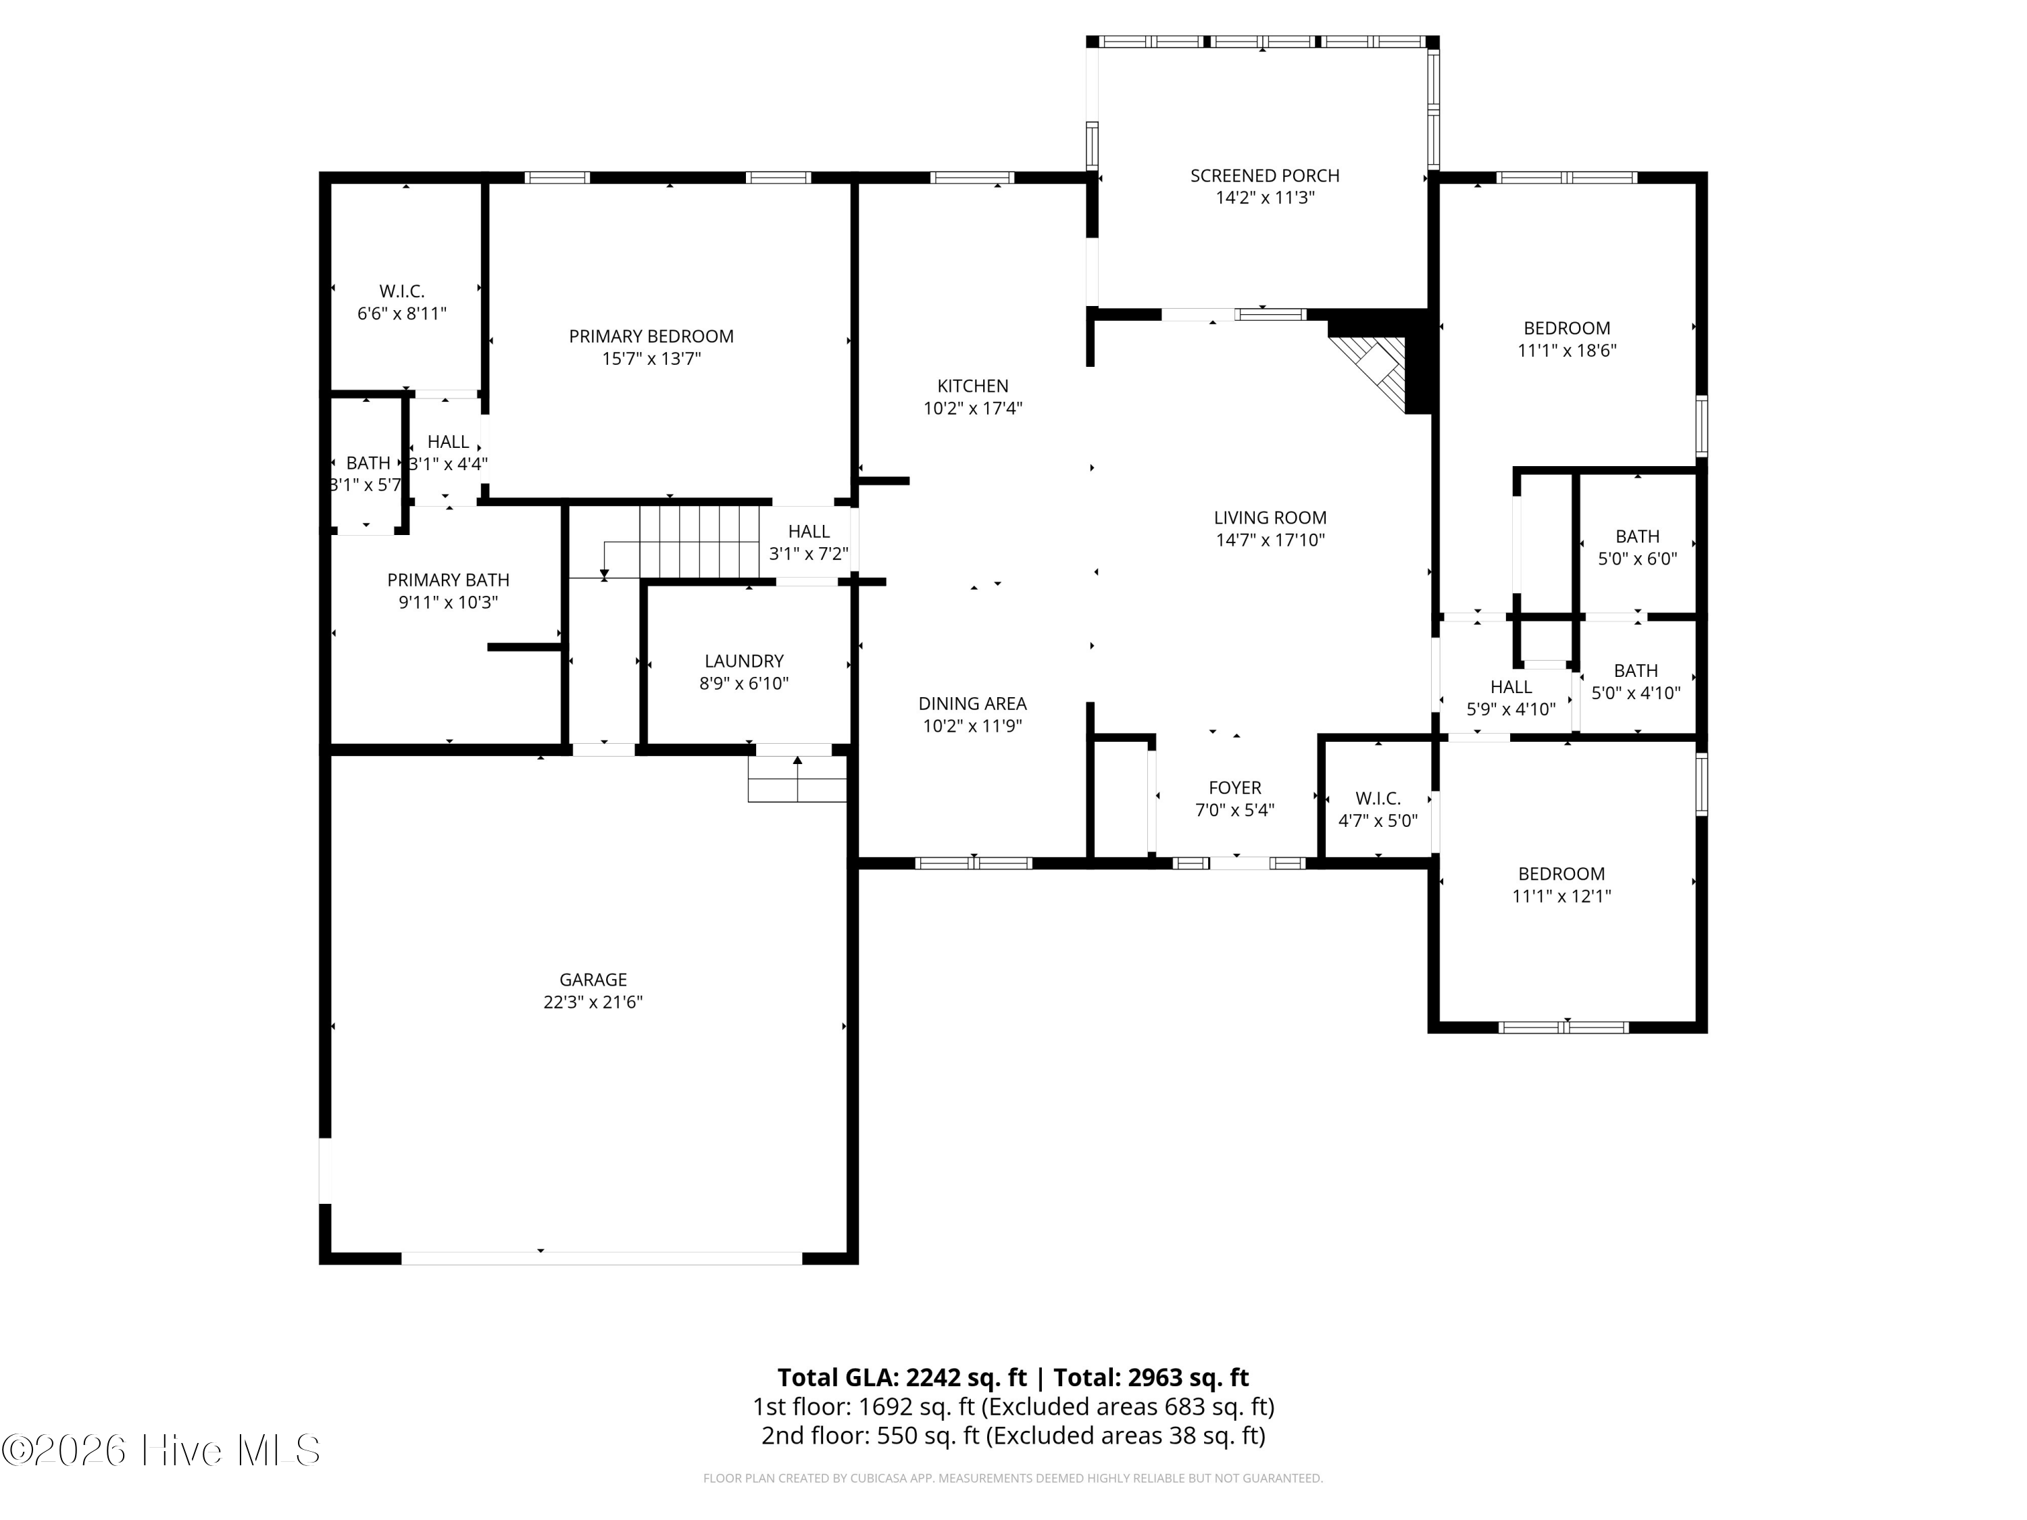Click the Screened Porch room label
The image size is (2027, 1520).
(x=1265, y=175)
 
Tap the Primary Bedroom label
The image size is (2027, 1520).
(x=651, y=336)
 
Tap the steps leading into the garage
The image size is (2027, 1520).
(x=797, y=779)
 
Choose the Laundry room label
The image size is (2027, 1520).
(x=744, y=661)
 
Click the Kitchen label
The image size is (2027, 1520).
(x=972, y=386)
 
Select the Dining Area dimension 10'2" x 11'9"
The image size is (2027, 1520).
(x=972, y=726)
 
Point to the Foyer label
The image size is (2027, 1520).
(x=1235, y=788)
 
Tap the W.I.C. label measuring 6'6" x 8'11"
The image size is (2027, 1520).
(x=402, y=291)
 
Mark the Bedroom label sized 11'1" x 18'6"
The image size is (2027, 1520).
(x=1567, y=328)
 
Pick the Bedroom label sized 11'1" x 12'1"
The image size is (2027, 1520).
(x=1561, y=874)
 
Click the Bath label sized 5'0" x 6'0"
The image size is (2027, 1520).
(x=1638, y=536)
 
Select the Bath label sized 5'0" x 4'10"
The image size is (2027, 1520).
(x=1636, y=671)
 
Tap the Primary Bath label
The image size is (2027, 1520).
(x=448, y=580)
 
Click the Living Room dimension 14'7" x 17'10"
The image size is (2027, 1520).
(x=1270, y=540)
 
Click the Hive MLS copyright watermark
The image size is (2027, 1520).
(x=161, y=1450)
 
